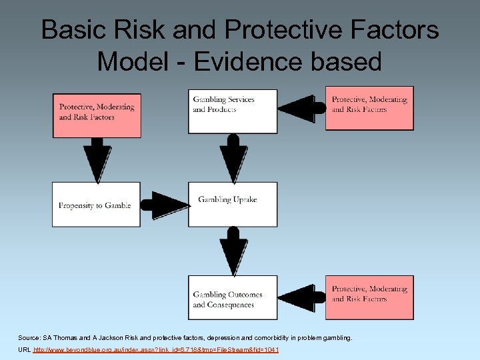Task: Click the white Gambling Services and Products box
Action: (233, 110)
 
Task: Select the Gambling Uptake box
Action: (233, 203)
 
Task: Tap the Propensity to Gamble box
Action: (97, 204)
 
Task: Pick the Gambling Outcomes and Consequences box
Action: (233, 297)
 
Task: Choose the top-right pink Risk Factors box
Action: (369, 108)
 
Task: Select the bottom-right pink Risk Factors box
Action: (369, 297)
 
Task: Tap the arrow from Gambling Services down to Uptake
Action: (233, 157)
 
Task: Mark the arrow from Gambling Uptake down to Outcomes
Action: (233, 251)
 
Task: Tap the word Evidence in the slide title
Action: (237, 61)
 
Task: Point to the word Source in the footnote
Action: (30, 338)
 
